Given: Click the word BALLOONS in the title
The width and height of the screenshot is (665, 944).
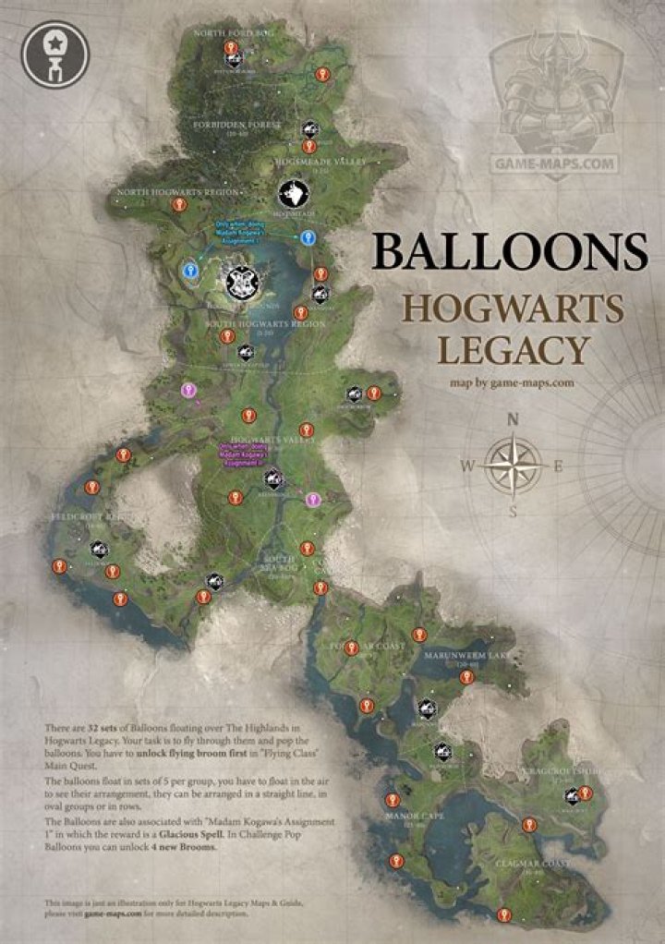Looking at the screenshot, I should coord(509,251).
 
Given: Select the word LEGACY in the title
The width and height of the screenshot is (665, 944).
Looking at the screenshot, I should coord(513,350).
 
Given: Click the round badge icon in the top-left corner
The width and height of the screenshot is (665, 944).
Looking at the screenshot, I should coord(55,54).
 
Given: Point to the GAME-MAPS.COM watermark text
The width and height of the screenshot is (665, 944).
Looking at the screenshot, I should coord(553,163).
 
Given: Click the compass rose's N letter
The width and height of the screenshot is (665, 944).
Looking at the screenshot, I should coord(514,419).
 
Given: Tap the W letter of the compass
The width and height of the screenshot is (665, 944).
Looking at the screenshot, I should coord(467,466).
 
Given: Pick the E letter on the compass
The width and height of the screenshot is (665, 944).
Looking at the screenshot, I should coord(558,466).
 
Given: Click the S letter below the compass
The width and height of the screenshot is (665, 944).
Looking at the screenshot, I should coord(514,512).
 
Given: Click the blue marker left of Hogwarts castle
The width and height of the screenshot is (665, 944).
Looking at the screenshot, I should coord(190,271).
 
